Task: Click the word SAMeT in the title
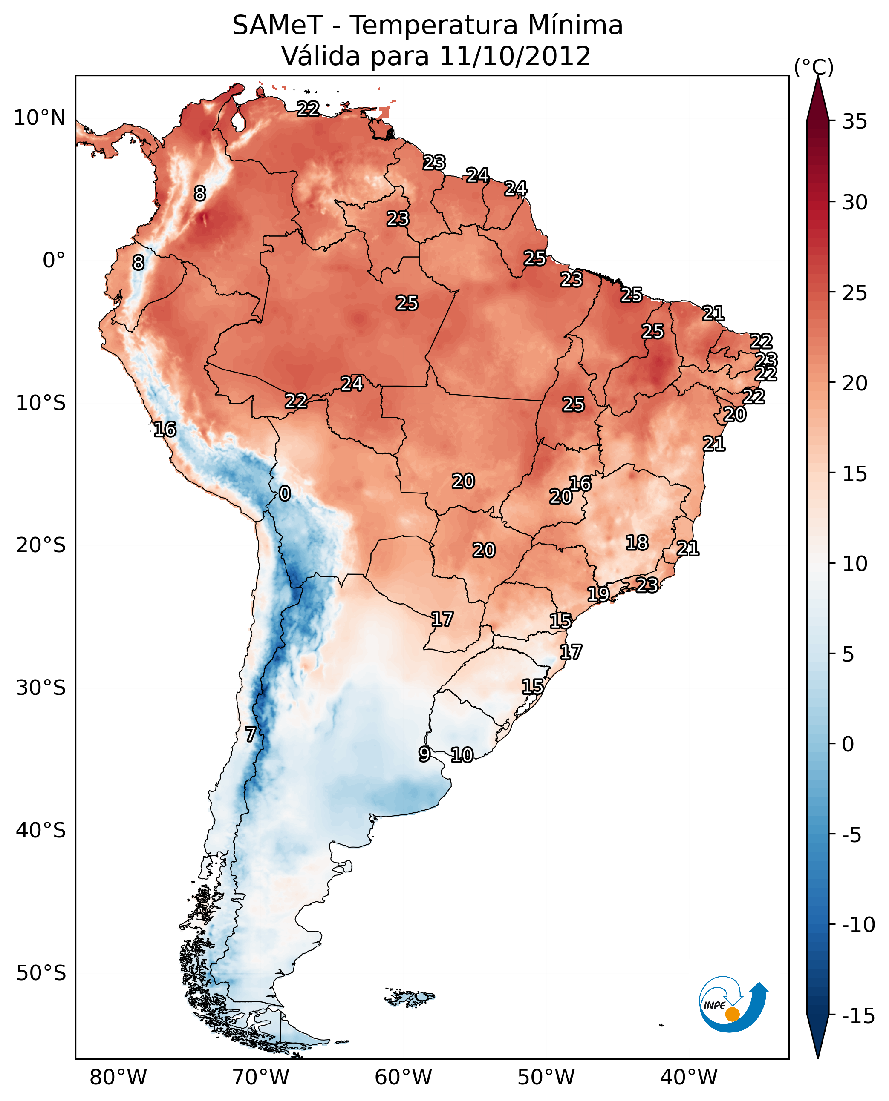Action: [x=277, y=26]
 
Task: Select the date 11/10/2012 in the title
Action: [x=515, y=56]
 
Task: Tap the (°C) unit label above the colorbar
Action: [x=814, y=67]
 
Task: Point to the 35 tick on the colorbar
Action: [x=854, y=122]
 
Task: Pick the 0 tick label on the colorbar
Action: [x=848, y=744]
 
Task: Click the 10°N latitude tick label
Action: [x=40, y=118]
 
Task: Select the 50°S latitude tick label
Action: [x=41, y=972]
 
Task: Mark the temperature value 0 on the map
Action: [x=285, y=494]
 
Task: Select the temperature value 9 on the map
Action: [x=424, y=754]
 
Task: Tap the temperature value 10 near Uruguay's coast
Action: [x=462, y=755]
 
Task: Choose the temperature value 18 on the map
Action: [x=637, y=543]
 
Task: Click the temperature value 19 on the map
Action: [x=597, y=594]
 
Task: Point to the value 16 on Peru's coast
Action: [x=165, y=429]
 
